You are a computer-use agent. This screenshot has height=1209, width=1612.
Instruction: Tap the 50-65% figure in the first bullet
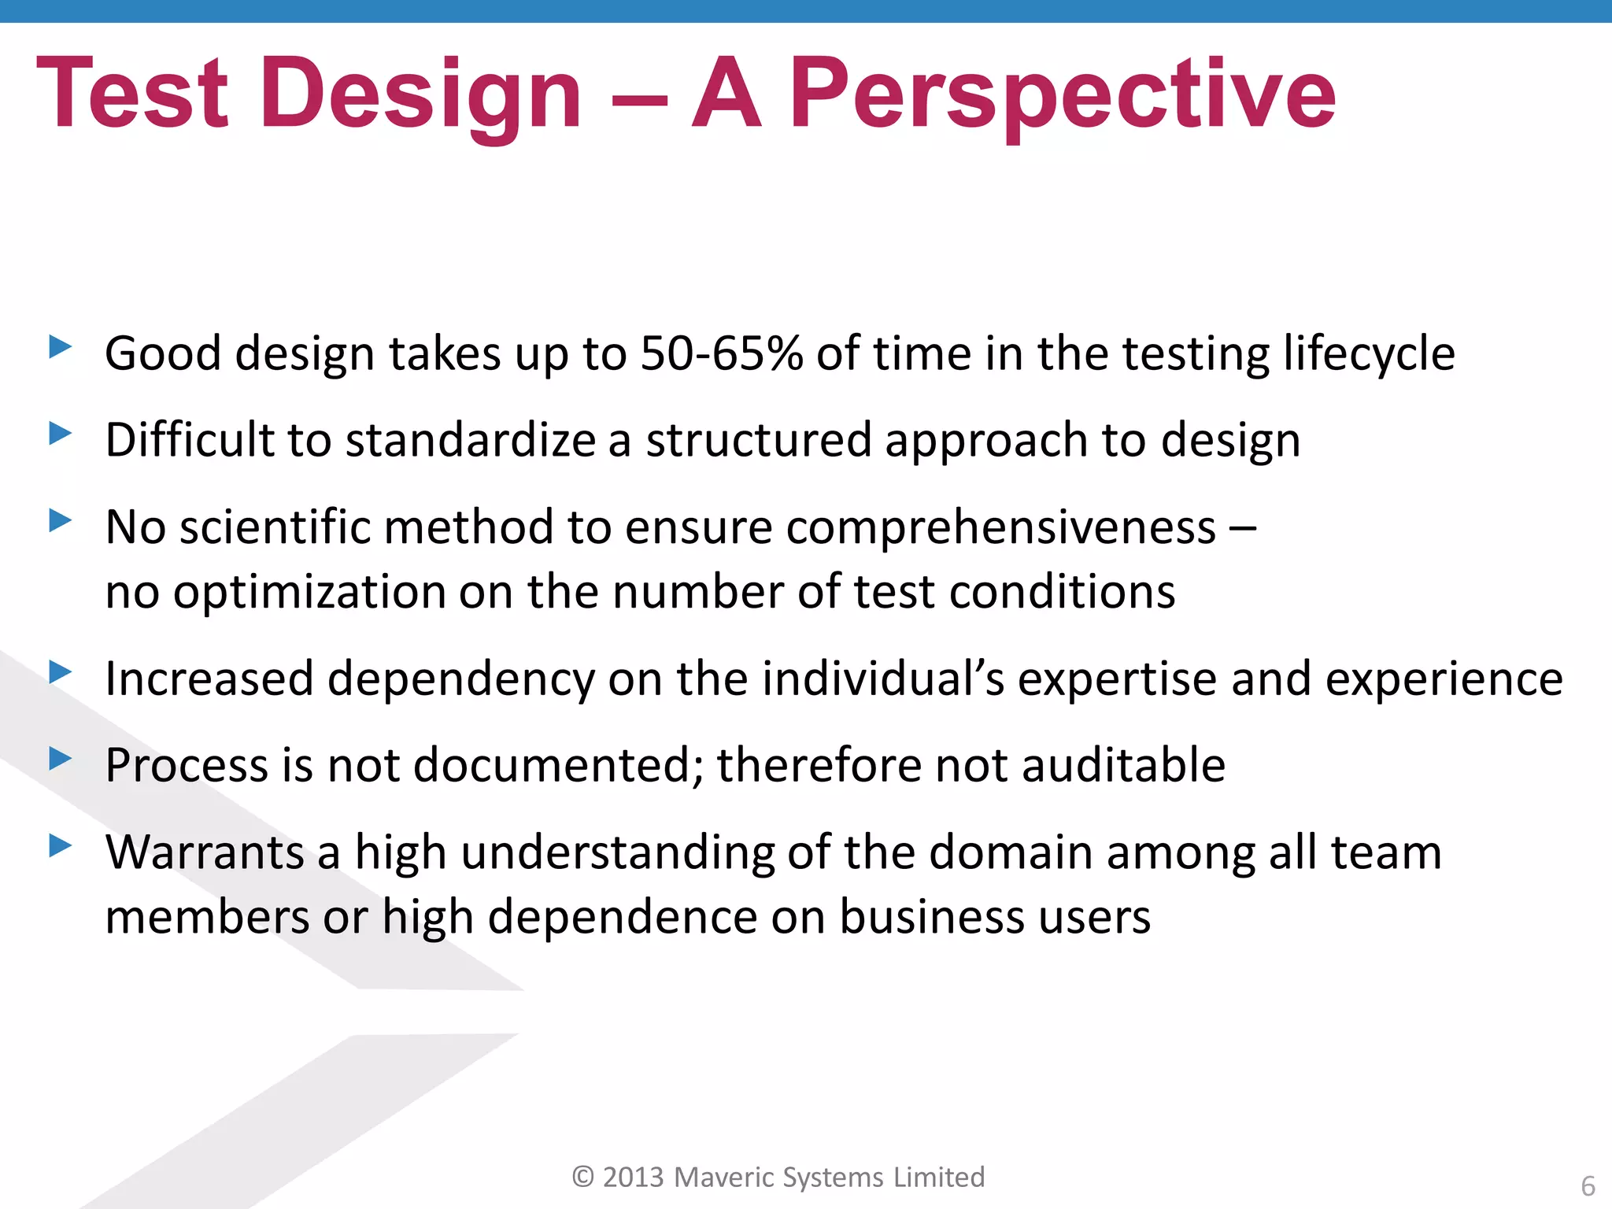(722, 353)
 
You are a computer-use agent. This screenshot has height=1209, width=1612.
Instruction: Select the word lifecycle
(1368, 354)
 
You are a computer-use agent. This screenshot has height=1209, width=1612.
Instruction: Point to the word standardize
(470, 439)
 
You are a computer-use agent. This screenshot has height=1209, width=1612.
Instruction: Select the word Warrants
(205, 852)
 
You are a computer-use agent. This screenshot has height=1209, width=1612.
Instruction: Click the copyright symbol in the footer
(582, 1177)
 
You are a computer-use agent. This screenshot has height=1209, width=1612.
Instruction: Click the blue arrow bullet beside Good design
(60, 346)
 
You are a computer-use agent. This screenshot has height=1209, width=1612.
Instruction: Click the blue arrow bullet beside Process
(60, 759)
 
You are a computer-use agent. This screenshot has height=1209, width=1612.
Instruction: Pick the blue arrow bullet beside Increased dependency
(60, 672)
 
